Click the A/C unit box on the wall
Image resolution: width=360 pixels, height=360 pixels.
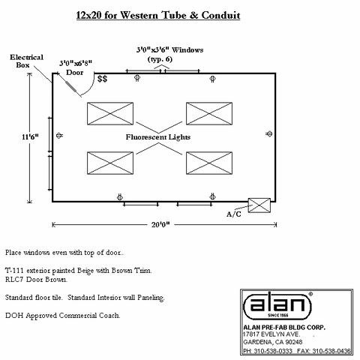[x=259, y=205]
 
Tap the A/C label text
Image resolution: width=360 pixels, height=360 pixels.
[x=234, y=214]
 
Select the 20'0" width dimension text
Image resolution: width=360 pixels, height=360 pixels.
[x=160, y=224]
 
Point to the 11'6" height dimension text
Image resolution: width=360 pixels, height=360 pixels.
[x=30, y=136]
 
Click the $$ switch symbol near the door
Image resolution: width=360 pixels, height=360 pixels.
[x=102, y=79]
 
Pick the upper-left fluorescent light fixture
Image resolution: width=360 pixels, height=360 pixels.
[x=110, y=113]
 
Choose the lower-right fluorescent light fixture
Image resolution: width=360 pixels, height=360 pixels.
[x=209, y=163]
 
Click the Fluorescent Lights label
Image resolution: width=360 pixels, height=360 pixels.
[x=158, y=137]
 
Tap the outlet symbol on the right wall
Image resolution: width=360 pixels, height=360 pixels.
[x=269, y=134]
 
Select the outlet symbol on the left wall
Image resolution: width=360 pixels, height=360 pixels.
[x=59, y=136]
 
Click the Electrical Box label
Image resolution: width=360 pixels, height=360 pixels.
[x=26, y=61]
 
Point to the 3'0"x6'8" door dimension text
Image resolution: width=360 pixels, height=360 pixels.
[x=76, y=63]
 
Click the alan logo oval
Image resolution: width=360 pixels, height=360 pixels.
[x=277, y=305]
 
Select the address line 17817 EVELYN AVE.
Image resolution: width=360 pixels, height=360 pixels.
[x=271, y=334]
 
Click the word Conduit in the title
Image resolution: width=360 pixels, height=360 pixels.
[x=220, y=15]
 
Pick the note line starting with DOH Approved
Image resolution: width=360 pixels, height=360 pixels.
[x=63, y=316]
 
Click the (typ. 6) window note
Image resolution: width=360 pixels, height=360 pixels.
[x=160, y=59]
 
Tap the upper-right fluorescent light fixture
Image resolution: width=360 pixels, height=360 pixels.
[x=209, y=113]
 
